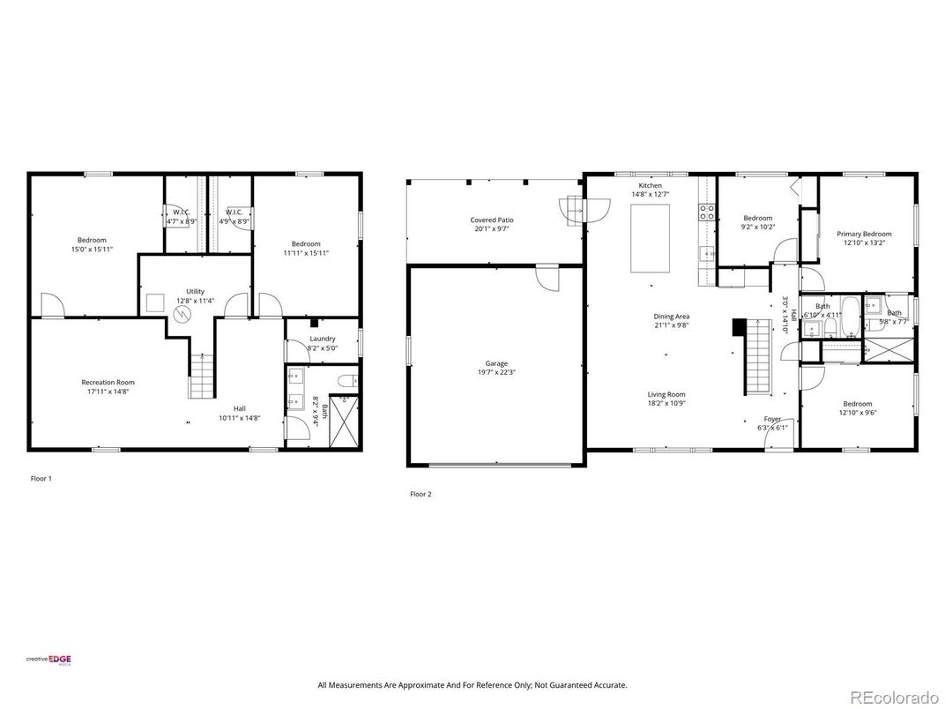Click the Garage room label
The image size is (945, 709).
coord(496,363)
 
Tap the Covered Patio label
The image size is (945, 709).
coord(492,220)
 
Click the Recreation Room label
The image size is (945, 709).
coord(108,382)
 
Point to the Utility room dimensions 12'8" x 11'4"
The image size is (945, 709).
coord(195,301)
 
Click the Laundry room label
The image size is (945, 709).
coord(322,339)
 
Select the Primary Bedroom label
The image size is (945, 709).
coord(864,234)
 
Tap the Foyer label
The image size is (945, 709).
coord(772,420)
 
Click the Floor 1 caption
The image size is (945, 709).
coord(41,478)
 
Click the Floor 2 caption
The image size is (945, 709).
coord(420,494)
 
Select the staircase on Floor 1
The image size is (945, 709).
coord(201,376)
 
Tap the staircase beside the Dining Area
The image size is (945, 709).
coord(758,357)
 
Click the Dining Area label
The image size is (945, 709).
coord(671,317)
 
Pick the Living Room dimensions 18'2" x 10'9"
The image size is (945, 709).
coord(666,403)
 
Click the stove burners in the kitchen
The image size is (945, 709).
coord(706,212)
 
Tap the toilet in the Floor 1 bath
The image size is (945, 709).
coord(348,381)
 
